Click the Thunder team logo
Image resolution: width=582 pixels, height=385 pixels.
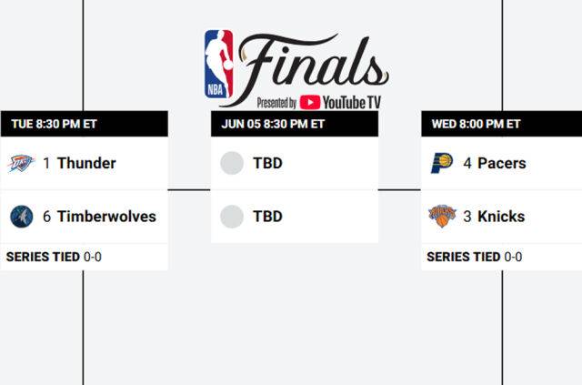22,164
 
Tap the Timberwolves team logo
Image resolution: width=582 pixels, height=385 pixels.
22,217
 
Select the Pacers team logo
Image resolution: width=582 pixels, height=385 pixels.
442,164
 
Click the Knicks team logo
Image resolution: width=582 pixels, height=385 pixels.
442,217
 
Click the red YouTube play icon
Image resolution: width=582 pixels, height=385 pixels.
309,103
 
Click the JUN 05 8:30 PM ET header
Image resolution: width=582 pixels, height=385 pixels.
273,124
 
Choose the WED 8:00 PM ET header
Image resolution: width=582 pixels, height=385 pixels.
476,124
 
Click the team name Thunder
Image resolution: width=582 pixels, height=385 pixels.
86,164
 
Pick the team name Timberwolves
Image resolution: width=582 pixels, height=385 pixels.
106,217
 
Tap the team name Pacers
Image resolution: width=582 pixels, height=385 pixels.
502,164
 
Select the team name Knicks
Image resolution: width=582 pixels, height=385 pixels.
501,217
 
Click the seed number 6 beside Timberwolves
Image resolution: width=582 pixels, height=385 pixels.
46,217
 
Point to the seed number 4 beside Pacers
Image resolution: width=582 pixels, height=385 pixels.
467,164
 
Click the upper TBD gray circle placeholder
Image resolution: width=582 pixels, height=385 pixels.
232,164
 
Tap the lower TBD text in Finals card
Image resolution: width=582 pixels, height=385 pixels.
267,217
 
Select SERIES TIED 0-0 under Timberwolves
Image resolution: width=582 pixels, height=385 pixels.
54,257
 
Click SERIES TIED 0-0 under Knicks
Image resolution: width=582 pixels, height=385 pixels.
474,257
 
